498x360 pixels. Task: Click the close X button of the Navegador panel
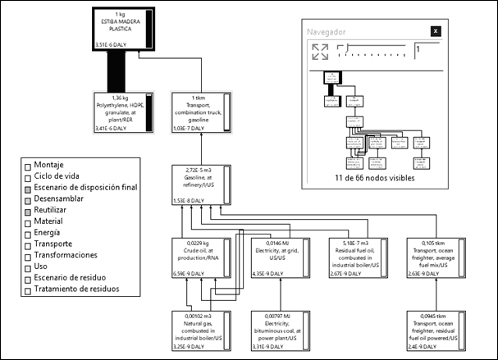tap(436, 31)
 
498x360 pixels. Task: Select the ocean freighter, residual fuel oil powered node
tap(439, 330)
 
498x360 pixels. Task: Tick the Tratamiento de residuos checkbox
tap(28, 289)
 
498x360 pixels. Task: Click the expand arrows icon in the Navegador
tap(320, 52)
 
